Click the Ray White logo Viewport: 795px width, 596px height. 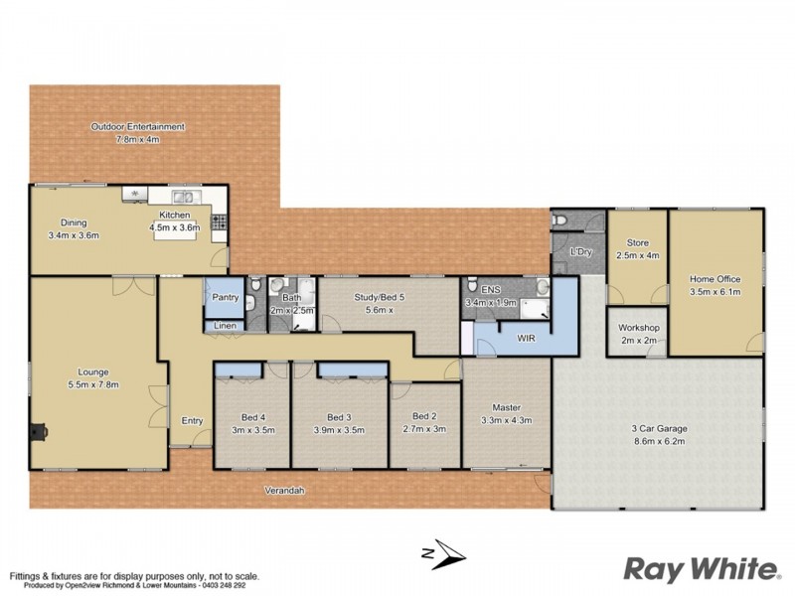701,568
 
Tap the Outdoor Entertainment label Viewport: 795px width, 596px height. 138,127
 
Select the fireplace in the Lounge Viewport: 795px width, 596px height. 38,432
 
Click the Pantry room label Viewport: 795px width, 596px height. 223,297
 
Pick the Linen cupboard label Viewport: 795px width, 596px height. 224,326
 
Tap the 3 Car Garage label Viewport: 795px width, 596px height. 658,429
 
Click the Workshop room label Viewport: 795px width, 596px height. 639,328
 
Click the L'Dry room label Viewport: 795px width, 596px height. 580,252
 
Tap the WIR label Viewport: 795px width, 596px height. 527,338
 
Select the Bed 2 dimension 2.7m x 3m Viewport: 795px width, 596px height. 425,429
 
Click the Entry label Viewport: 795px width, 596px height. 192,421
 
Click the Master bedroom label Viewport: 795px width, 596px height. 507,405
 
